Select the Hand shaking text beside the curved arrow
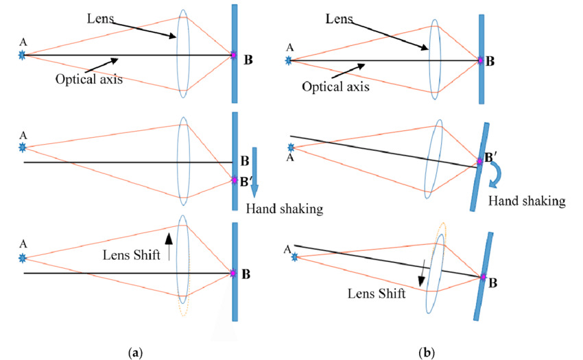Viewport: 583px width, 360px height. pos(527,201)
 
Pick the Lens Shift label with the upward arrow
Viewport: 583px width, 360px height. pos(137,255)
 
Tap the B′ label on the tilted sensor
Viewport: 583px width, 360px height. pos(492,159)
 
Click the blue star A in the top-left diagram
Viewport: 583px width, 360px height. pos(23,54)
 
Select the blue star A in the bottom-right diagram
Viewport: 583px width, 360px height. pos(295,257)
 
